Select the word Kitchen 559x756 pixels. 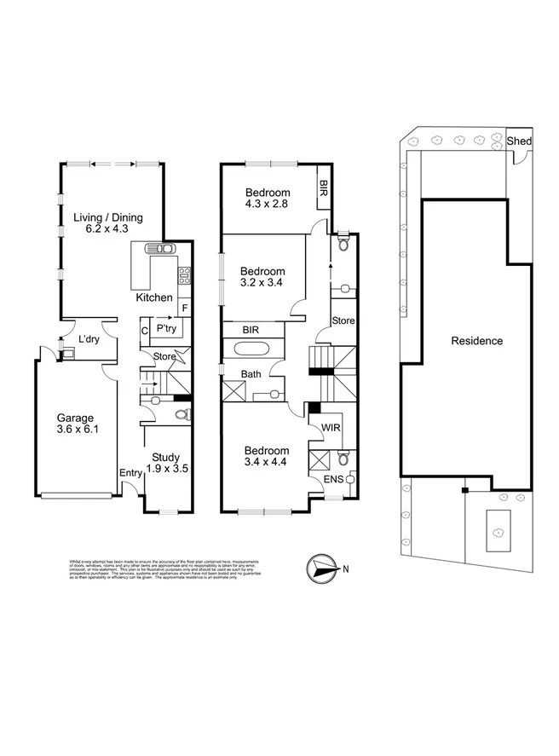[155, 297]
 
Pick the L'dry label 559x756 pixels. [89, 340]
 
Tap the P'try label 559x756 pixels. [165, 327]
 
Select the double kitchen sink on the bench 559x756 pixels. [159, 248]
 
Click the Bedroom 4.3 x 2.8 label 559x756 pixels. [267, 199]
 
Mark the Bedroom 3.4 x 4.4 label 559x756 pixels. [267, 457]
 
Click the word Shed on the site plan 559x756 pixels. [518, 141]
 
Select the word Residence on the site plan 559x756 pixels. [476, 341]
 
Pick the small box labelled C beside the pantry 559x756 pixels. [145, 330]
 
